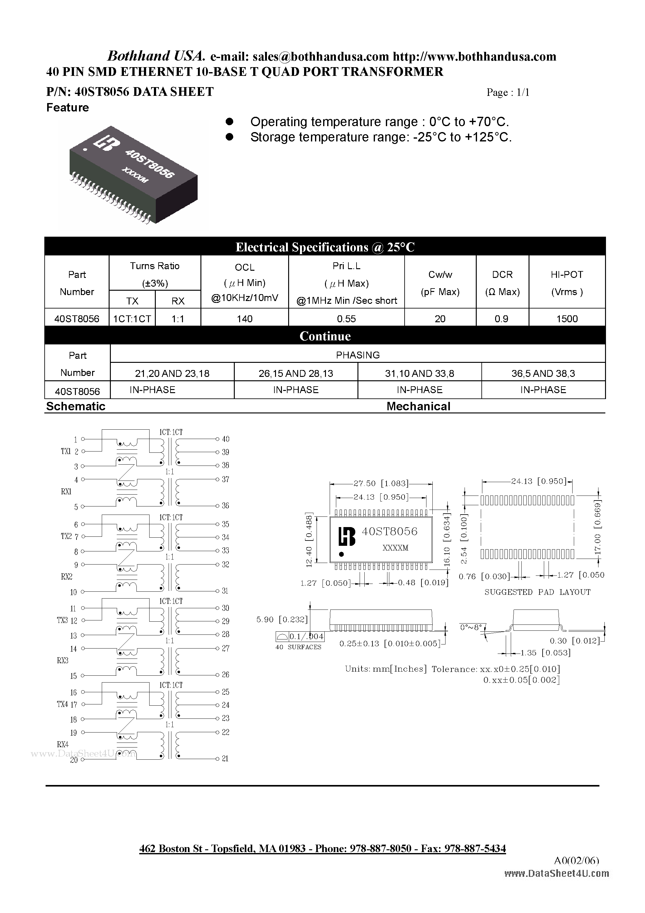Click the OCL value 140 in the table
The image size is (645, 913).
(x=244, y=318)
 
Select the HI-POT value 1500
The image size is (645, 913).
(x=567, y=318)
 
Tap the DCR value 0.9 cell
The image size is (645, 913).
(x=501, y=318)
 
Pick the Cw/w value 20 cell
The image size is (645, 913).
(x=440, y=318)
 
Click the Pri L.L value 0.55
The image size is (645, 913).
(x=346, y=318)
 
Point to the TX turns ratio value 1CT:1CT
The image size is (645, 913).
(x=132, y=318)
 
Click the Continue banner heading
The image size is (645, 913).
(x=325, y=336)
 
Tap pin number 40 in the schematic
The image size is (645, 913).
(x=225, y=439)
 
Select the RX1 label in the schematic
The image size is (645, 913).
(x=66, y=491)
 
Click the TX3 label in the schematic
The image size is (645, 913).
(x=62, y=620)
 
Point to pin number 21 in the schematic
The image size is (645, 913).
(x=225, y=759)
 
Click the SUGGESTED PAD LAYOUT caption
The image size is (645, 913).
(x=537, y=592)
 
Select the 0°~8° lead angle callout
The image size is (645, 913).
(x=471, y=627)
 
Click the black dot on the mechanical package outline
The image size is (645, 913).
(x=341, y=554)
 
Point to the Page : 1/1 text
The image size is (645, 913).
(x=508, y=92)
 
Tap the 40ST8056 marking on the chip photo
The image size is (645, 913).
(x=150, y=163)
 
